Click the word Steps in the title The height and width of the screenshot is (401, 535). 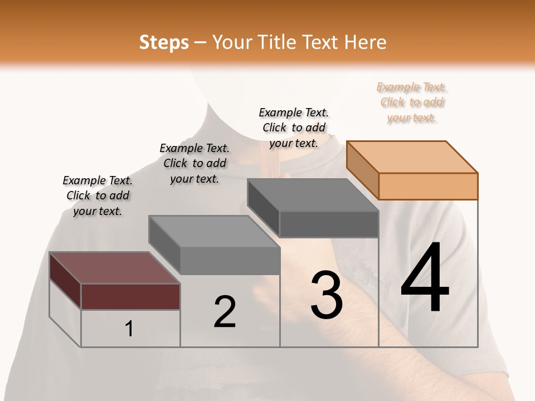(164, 42)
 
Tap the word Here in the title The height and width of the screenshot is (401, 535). (366, 42)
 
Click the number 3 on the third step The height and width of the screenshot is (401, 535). (327, 295)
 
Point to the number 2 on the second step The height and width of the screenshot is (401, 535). (225, 312)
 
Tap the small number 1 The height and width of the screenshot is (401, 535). (129, 329)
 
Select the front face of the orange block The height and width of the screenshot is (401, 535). (428, 186)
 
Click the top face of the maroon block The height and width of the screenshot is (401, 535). (115, 268)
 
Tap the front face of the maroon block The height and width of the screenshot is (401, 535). (130, 296)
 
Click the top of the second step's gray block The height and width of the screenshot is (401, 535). (214, 231)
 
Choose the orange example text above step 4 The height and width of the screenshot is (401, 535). (412, 102)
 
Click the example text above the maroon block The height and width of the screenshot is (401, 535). (98, 195)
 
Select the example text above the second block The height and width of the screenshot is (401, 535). (194, 163)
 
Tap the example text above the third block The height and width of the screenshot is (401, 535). (294, 128)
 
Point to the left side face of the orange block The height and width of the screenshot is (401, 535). (362, 170)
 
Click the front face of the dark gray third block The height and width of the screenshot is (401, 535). (329, 224)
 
